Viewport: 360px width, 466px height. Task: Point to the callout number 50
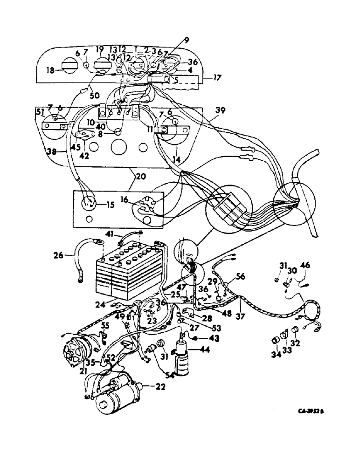(x=95, y=96)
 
